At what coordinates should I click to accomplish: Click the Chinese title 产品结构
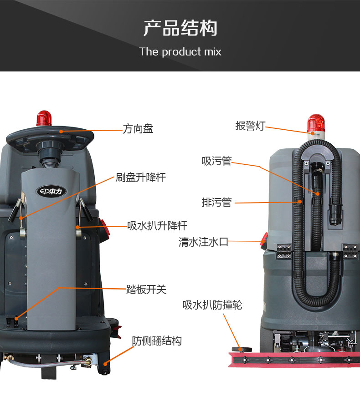(x=180, y=28)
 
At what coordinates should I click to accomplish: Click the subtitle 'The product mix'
(x=180, y=51)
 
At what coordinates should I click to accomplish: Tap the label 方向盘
(x=138, y=129)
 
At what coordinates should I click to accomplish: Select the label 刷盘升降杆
(x=140, y=178)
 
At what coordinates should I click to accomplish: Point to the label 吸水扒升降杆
(x=157, y=225)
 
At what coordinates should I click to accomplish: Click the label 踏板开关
(x=146, y=289)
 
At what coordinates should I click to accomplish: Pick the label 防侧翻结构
(x=157, y=341)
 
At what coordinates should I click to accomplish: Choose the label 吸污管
(x=217, y=161)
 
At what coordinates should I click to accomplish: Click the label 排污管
(x=216, y=203)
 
